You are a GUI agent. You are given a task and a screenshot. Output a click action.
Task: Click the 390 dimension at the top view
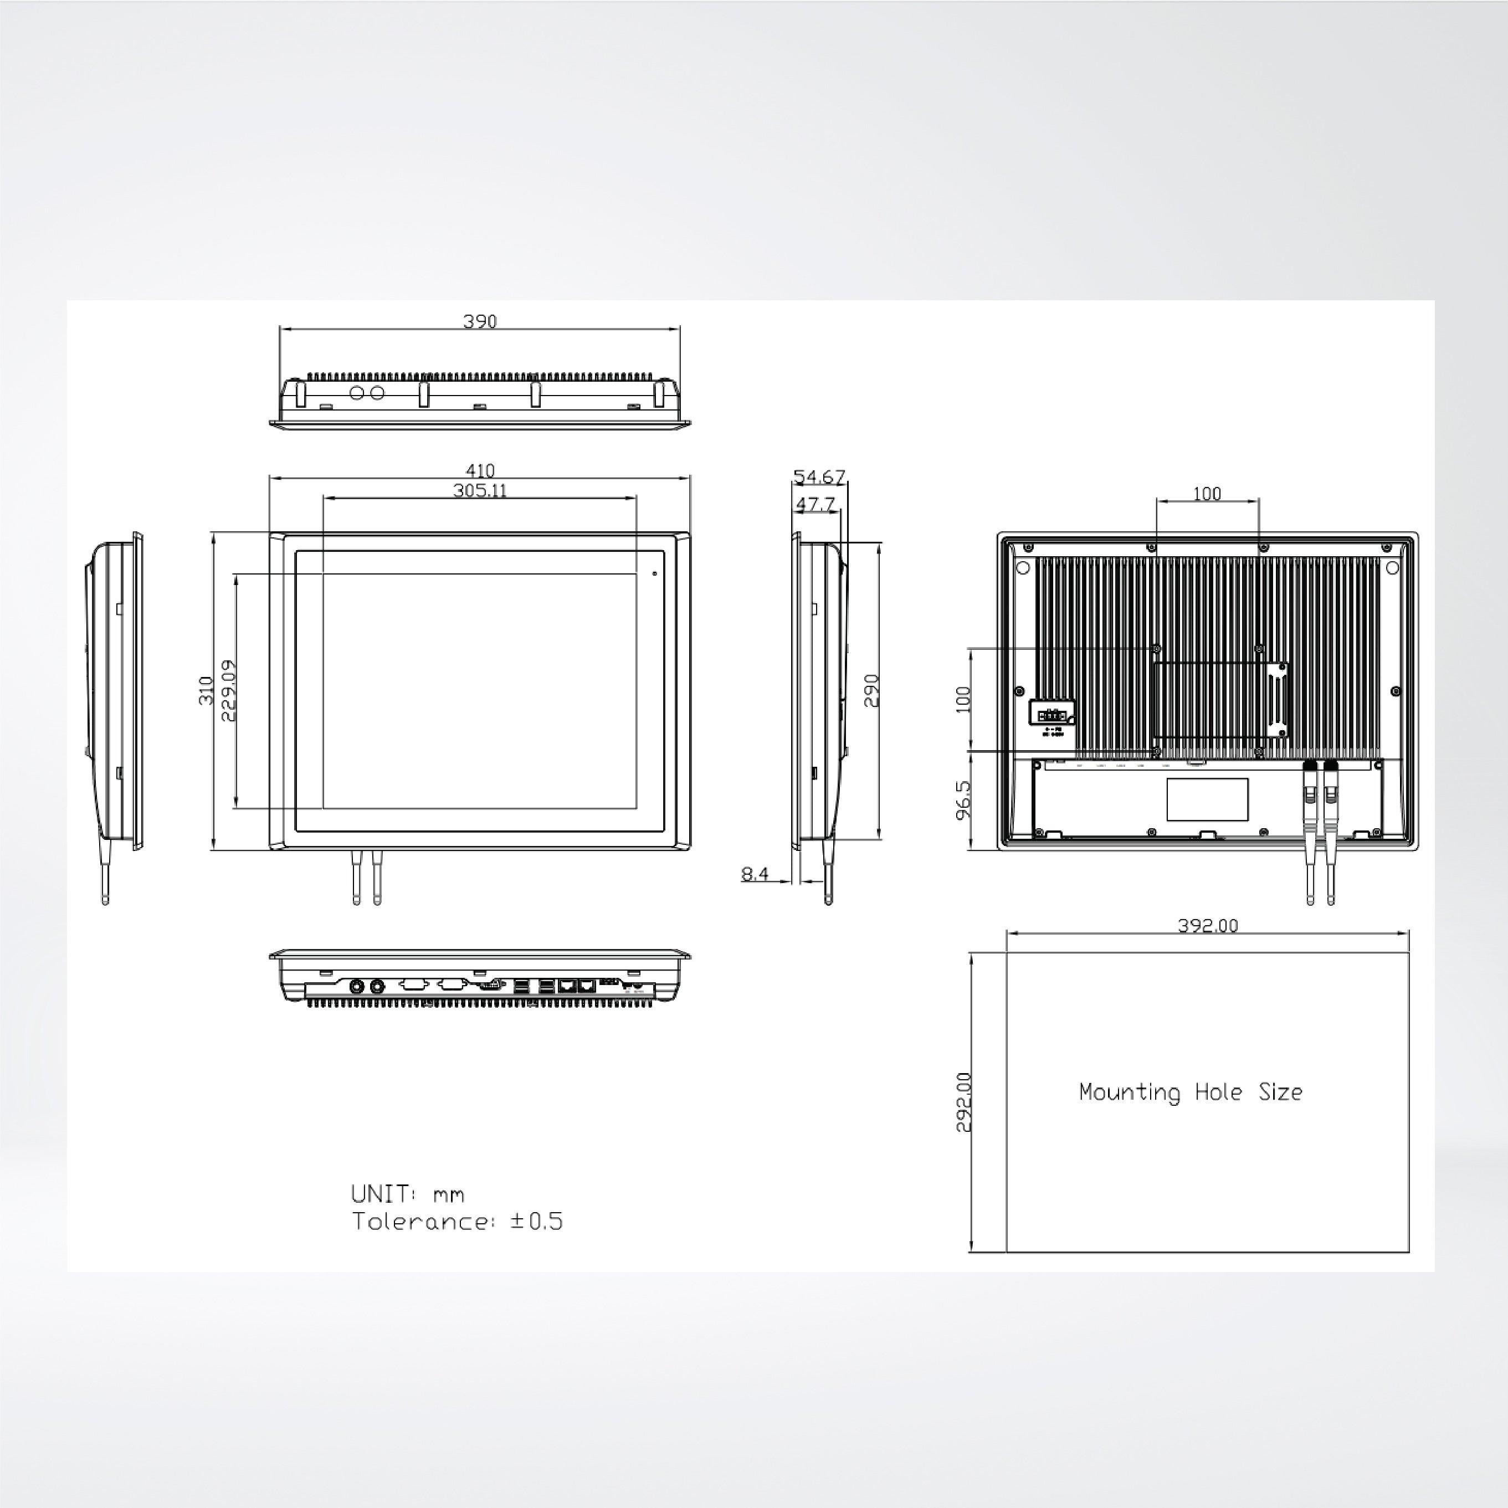point(479,321)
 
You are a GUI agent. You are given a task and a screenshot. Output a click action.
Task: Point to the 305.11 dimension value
point(479,490)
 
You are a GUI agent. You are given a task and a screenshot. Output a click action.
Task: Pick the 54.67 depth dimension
point(819,476)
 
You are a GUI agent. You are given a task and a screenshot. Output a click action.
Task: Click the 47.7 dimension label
point(815,504)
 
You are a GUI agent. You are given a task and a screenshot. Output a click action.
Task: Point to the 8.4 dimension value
point(755,874)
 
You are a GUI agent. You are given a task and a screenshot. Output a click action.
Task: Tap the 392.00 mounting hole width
point(1208,926)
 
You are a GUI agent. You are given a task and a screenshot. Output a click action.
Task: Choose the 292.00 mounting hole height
point(964,1101)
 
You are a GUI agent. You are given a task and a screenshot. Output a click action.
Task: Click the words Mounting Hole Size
point(1191,1092)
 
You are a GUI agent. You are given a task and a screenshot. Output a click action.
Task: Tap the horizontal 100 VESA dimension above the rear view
point(1207,493)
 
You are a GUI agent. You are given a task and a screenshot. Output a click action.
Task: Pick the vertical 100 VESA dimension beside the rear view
point(963,699)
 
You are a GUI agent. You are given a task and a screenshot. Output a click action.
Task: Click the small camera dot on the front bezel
point(654,574)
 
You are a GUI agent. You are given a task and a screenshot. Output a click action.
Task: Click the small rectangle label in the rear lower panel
point(1207,798)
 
